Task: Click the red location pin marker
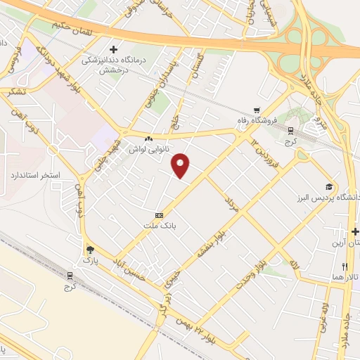click(x=181, y=165)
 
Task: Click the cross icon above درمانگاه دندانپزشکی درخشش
click(x=113, y=48)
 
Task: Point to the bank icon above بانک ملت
click(x=159, y=215)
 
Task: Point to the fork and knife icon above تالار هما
click(x=345, y=266)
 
